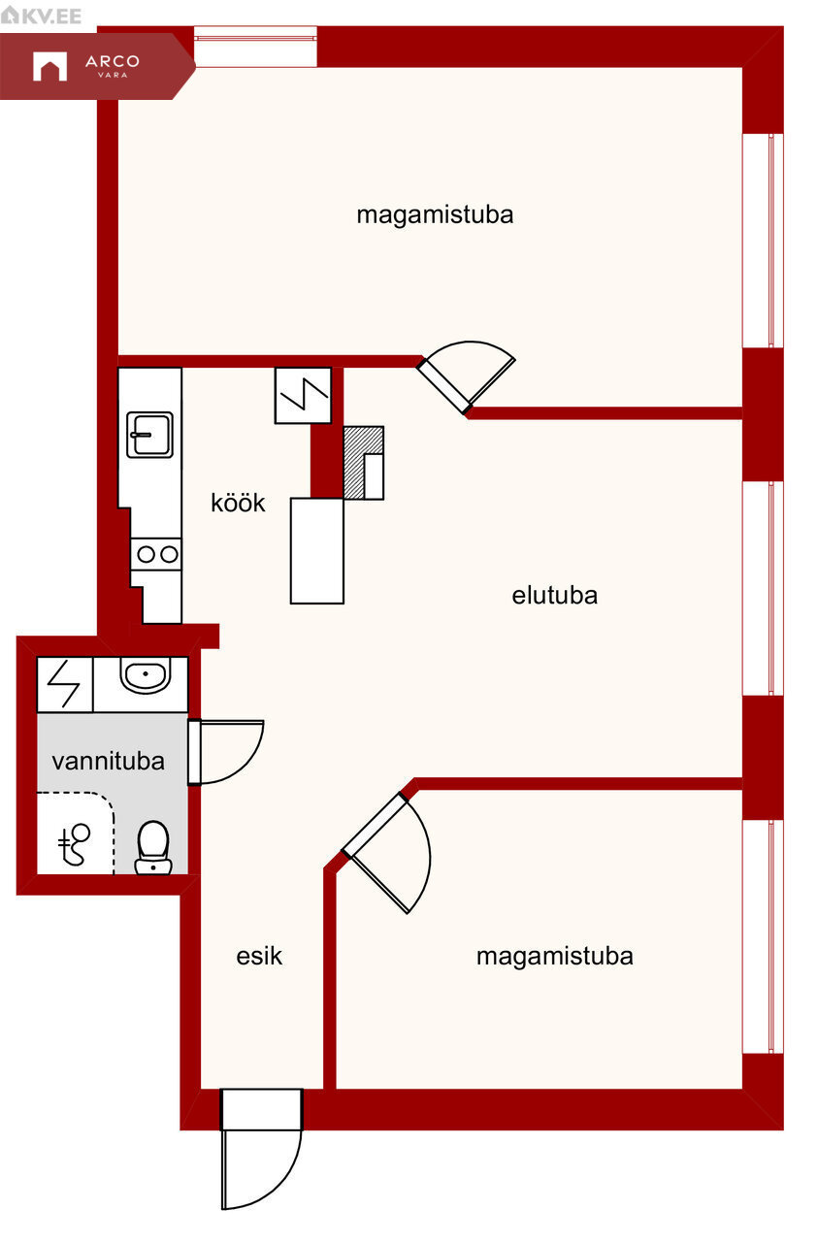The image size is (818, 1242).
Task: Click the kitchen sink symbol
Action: (x=149, y=435)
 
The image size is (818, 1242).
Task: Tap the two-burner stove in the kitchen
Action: (x=156, y=554)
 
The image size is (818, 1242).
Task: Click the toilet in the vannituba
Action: (x=153, y=848)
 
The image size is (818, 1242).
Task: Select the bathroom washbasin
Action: (x=146, y=674)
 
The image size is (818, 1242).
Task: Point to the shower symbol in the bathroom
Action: (x=75, y=844)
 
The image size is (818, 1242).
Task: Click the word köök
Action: (x=238, y=503)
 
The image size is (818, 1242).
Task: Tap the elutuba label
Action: (x=555, y=596)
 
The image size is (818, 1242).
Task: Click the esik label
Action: (x=259, y=956)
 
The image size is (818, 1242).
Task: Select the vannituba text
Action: (x=108, y=762)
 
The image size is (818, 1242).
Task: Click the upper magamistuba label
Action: (x=435, y=215)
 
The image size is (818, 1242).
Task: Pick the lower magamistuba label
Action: (x=555, y=957)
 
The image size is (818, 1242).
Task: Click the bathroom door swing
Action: (x=226, y=752)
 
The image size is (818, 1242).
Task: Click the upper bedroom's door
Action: (x=466, y=377)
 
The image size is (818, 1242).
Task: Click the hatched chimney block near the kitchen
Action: (x=363, y=463)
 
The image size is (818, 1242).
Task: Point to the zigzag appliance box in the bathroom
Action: (x=65, y=684)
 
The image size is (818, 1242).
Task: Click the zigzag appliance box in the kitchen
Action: (x=304, y=395)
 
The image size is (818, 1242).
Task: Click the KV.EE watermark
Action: (x=42, y=16)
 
